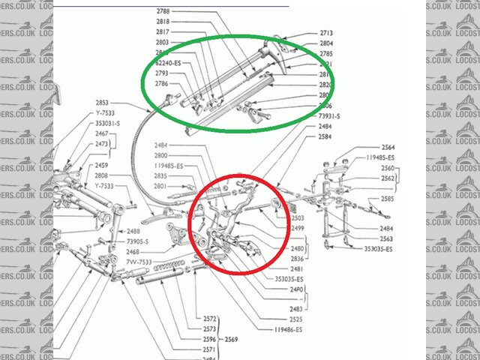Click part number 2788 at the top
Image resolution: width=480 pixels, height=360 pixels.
pyautogui.click(x=162, y=11)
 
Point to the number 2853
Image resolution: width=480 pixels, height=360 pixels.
pyautogui.click(x=103, y=103)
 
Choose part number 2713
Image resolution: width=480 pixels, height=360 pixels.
pyautogui.click(x=326, y=34)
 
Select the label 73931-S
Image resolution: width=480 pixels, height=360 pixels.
pyautogui.click(x=328, y=116)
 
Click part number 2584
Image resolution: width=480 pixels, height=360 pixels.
pyautogui.click(x=325, y=137)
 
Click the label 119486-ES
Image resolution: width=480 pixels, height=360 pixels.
pyautogui.click(x=289, y=330)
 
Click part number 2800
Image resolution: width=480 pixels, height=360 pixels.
pyautogui.click(x=161, y=154)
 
